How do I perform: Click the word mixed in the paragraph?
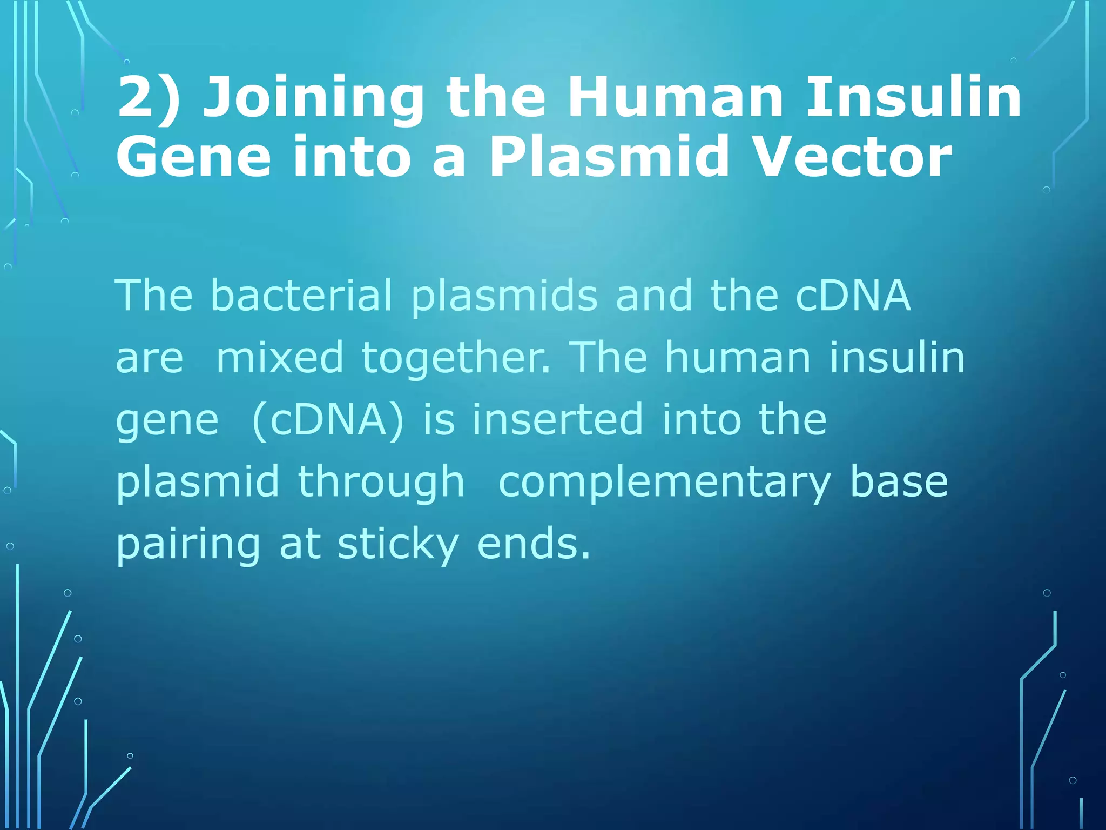tap(279, 358)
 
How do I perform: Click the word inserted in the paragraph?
tap(557, 420)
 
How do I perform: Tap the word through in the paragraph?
tap(381, 483)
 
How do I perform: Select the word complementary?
tap(664, 483)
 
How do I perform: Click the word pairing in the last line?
tap(188, 545)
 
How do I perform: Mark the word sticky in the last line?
tap(398, 545)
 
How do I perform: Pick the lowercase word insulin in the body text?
tap(897, 358)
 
